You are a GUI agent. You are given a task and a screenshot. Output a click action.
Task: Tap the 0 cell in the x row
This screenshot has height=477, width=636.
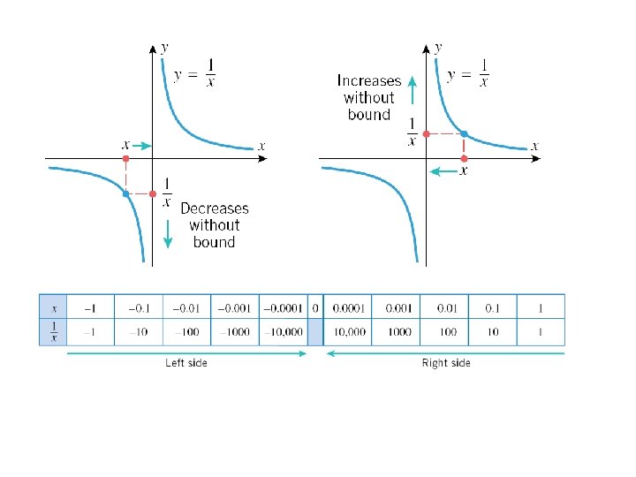(x=315, y=307)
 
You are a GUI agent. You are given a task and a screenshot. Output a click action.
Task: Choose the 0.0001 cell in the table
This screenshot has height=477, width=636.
(x=347, y=307)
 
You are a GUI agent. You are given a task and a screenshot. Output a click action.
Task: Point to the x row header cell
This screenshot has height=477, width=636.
(x=53, y=307)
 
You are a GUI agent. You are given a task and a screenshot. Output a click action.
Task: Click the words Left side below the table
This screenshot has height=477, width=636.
(x=186, y=363)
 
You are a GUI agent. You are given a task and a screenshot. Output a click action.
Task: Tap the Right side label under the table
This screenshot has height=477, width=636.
(x=446, y=363)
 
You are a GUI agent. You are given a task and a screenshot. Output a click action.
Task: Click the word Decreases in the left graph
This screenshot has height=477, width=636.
(x=215, y=209)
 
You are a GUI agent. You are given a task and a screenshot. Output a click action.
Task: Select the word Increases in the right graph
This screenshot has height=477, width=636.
(x=369, y=80)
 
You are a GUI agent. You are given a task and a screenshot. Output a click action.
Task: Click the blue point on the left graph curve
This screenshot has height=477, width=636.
(x=126, y=193)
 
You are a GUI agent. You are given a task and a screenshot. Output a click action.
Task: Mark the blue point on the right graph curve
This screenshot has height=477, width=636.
(x=465, y=134)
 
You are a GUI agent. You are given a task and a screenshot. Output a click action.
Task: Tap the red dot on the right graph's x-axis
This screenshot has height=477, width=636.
(x=465, y=159)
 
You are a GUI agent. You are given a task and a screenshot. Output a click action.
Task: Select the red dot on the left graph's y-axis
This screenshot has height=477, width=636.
(x=153, y=193)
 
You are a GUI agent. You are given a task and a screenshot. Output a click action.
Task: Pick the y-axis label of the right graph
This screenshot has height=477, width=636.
(x=439, y=46)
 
